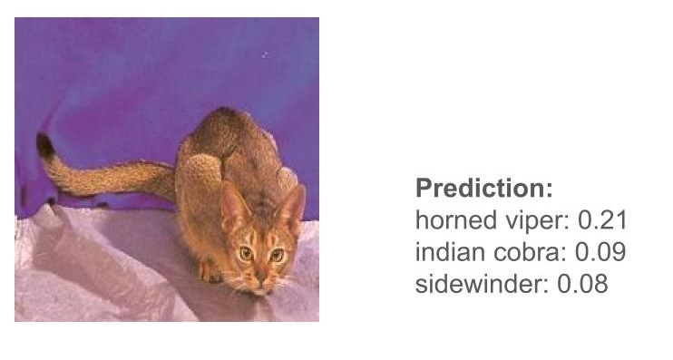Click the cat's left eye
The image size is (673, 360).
coord(277,255)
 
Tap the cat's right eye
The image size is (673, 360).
coord(245,253)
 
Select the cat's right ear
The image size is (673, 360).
coord(233,205)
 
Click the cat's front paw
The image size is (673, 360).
coord(210,269)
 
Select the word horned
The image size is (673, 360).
coord(449,220)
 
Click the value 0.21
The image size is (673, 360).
coord(602,220)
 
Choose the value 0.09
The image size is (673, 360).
coord(601,252)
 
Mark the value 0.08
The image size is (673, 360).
coord(582,284)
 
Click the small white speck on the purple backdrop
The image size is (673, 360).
coord(264,55)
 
